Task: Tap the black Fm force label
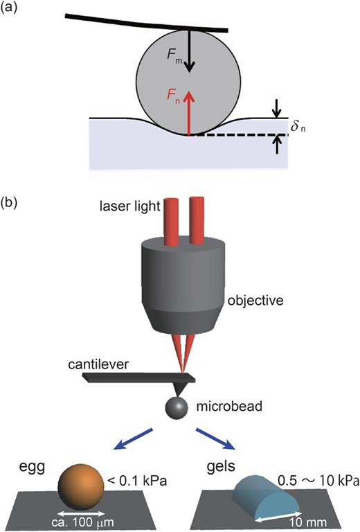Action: [179, 60]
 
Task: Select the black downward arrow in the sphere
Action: [191, 55]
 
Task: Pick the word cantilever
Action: [98, 364]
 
